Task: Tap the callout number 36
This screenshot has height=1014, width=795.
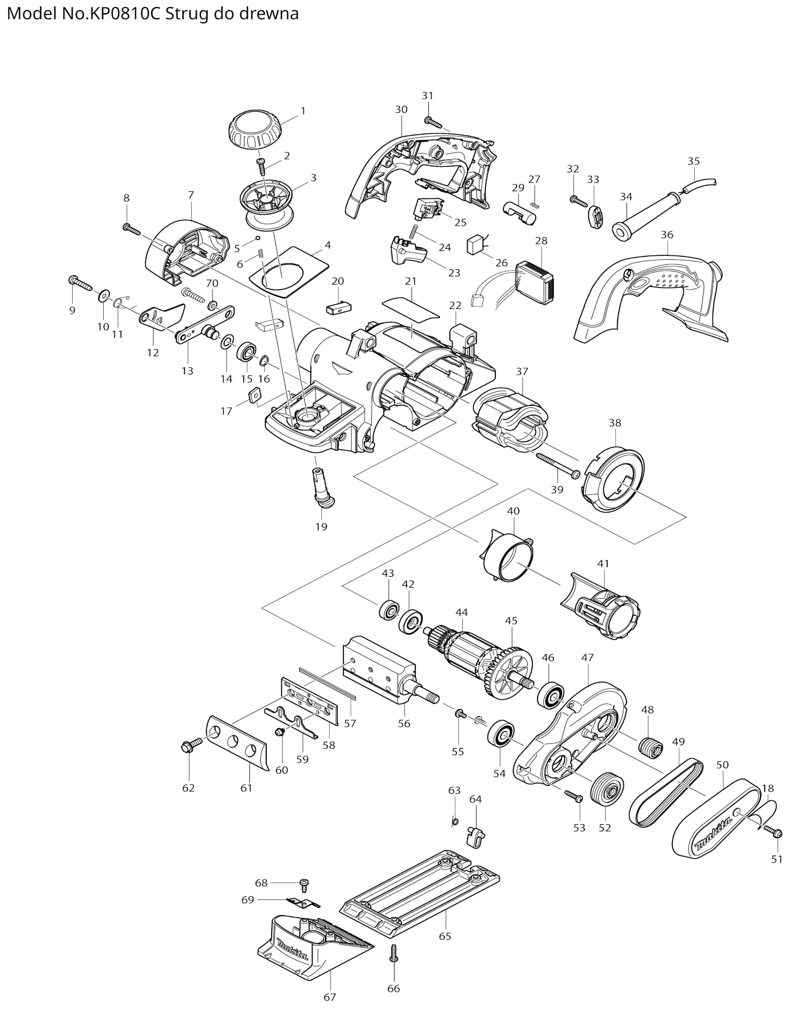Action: click(667, 234)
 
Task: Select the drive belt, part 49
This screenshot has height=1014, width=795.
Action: click(666, 791)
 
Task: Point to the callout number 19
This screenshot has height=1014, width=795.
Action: click(321, 526)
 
